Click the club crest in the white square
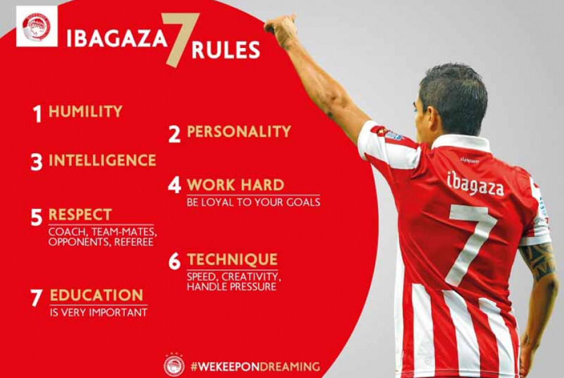(x=37, y=27)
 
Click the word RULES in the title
(x=226, y=50)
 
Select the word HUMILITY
(x=85, y=112)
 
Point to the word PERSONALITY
(x=239, y=131)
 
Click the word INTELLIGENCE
(x=102, y=160)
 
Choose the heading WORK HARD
(x=236, y=185)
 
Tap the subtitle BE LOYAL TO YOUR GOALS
(x=253, y=202)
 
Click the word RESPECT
(x=80, y=215)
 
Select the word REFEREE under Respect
(x=134, y=242)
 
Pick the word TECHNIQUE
(x=232, y=259)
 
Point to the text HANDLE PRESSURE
(x=232, y=287)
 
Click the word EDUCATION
(x=97, y=295)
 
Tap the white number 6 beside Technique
(x=175, y=261)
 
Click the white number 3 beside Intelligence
(x=37, y=162)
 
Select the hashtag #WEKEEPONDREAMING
(x=255, y=367)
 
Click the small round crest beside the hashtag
(x=174, y=365)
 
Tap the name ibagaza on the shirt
(x=475, y=184)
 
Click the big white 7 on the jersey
(x=471, y=245)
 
